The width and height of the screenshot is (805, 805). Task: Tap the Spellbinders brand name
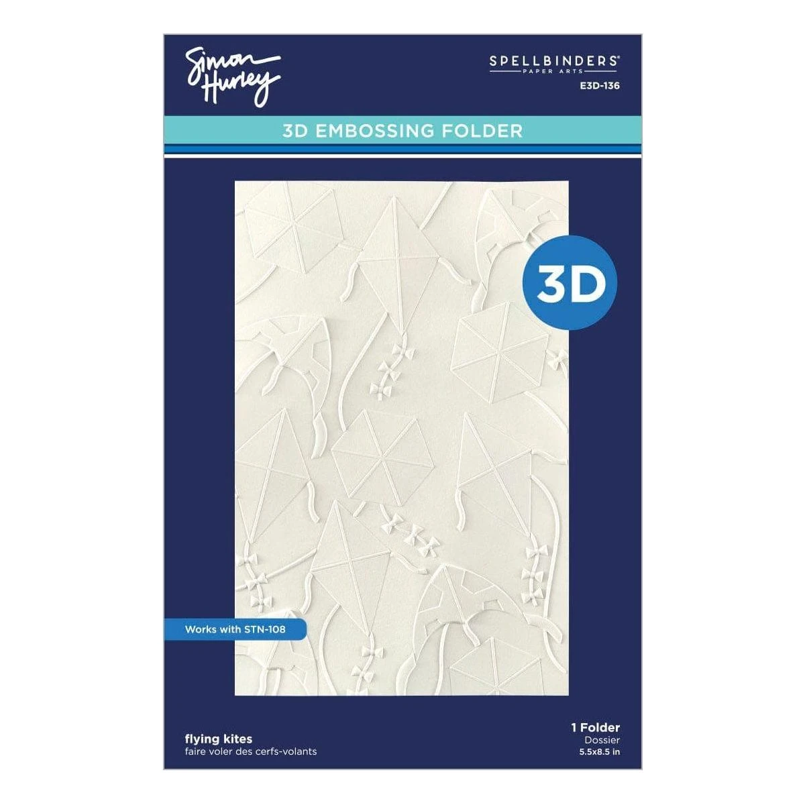(x=553, y=60)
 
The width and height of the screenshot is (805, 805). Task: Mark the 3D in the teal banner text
(x=295, y=130)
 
